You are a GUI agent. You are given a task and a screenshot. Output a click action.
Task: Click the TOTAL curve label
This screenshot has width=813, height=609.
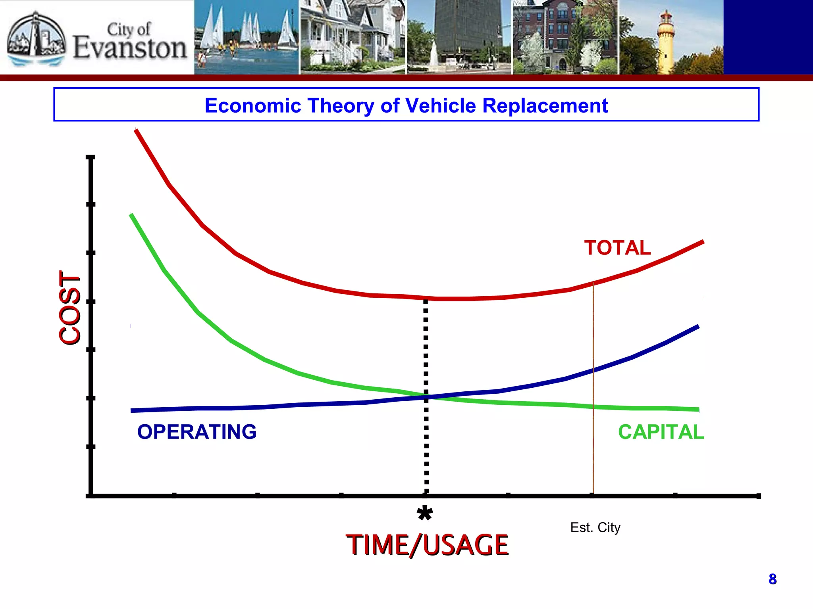(617, 248)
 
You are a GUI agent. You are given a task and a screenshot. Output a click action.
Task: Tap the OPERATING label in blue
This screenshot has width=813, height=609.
(197, 432)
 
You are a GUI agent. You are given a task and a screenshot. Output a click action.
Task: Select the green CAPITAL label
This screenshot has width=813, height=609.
(661, 432)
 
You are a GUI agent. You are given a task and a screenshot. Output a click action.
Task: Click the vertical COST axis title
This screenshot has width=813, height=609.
(70, 308)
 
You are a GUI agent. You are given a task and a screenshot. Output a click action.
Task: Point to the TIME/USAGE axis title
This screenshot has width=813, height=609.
(427, 545)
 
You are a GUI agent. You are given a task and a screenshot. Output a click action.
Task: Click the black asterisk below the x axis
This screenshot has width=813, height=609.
(425, 514)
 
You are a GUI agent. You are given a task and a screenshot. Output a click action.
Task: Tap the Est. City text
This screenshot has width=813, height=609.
(595, 528)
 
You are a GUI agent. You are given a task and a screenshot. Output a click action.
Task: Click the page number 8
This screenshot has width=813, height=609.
(773, 579)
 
